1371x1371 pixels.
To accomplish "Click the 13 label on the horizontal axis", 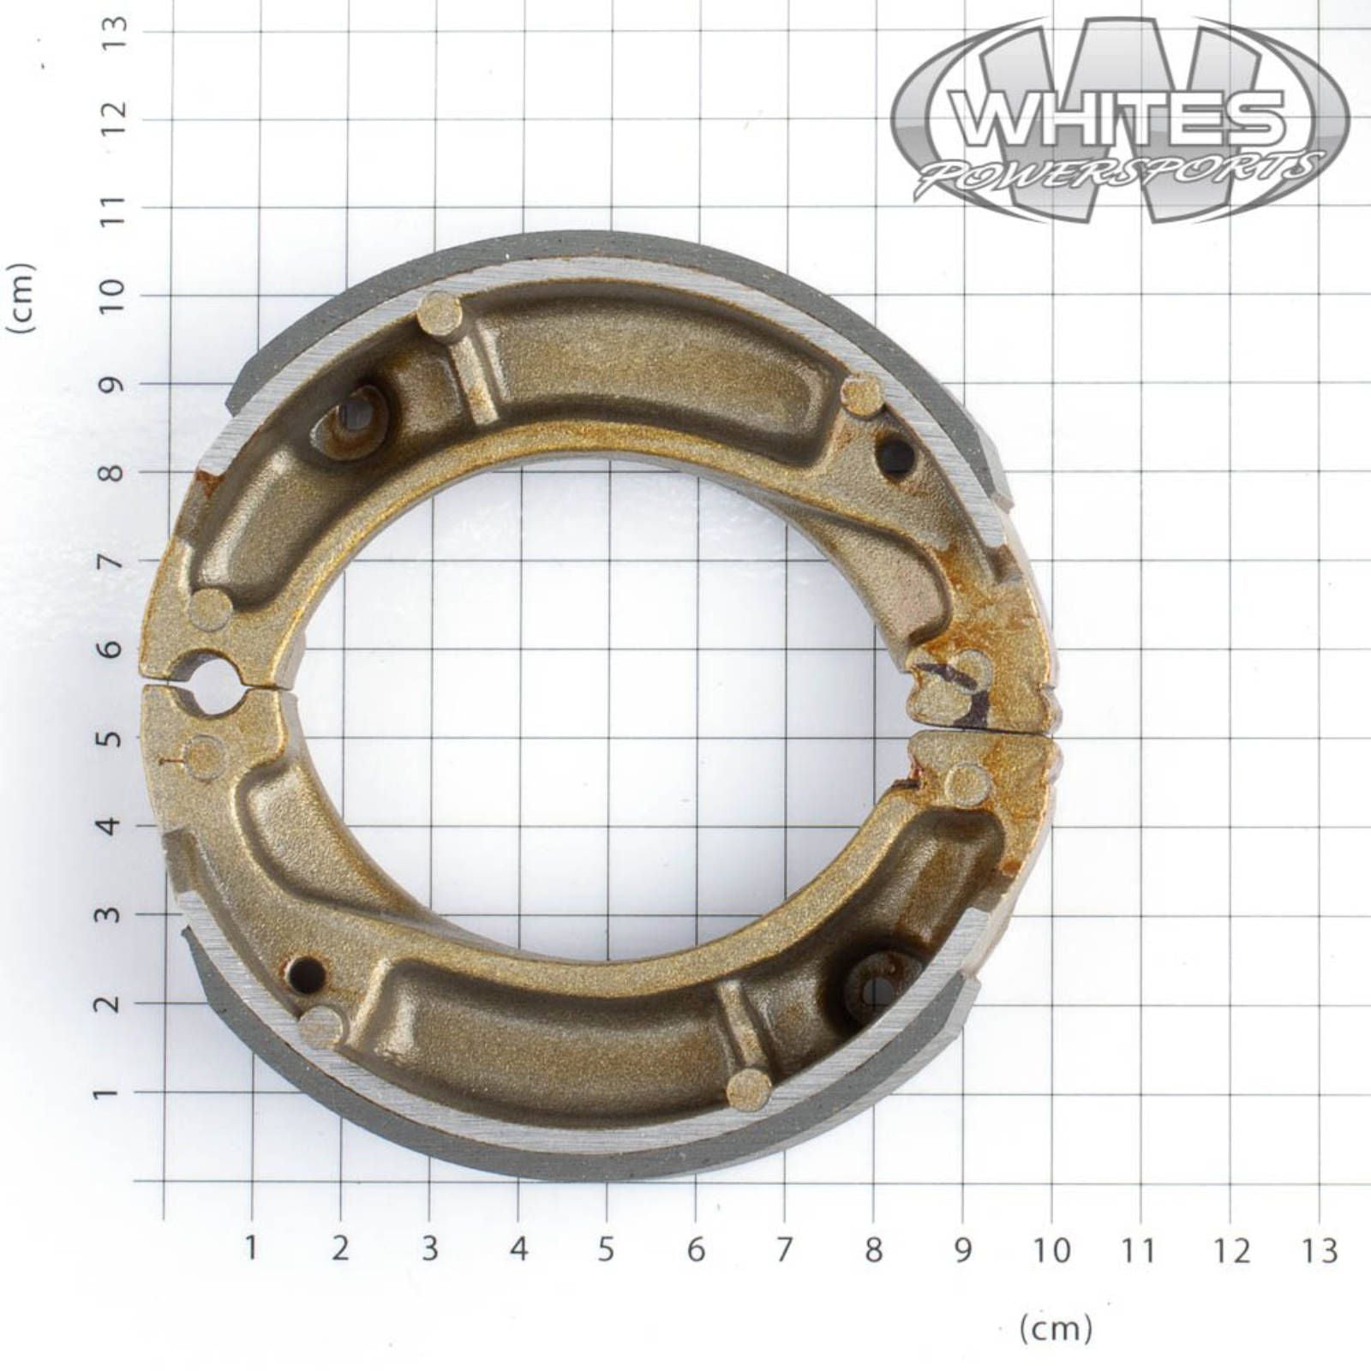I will (x=1320, y=1250).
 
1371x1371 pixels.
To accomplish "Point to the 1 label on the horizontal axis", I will (x=251, y=1248).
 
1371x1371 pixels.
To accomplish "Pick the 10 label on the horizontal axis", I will (x=1051, y=1250).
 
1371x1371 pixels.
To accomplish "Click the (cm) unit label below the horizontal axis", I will (x=1056, y=1329).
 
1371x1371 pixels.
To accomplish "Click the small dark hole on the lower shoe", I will (x=308, y=973).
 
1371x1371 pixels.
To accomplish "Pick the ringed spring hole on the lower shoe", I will (x=876, y=988).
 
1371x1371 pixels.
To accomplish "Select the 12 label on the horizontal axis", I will (x=1230, y=1250).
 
